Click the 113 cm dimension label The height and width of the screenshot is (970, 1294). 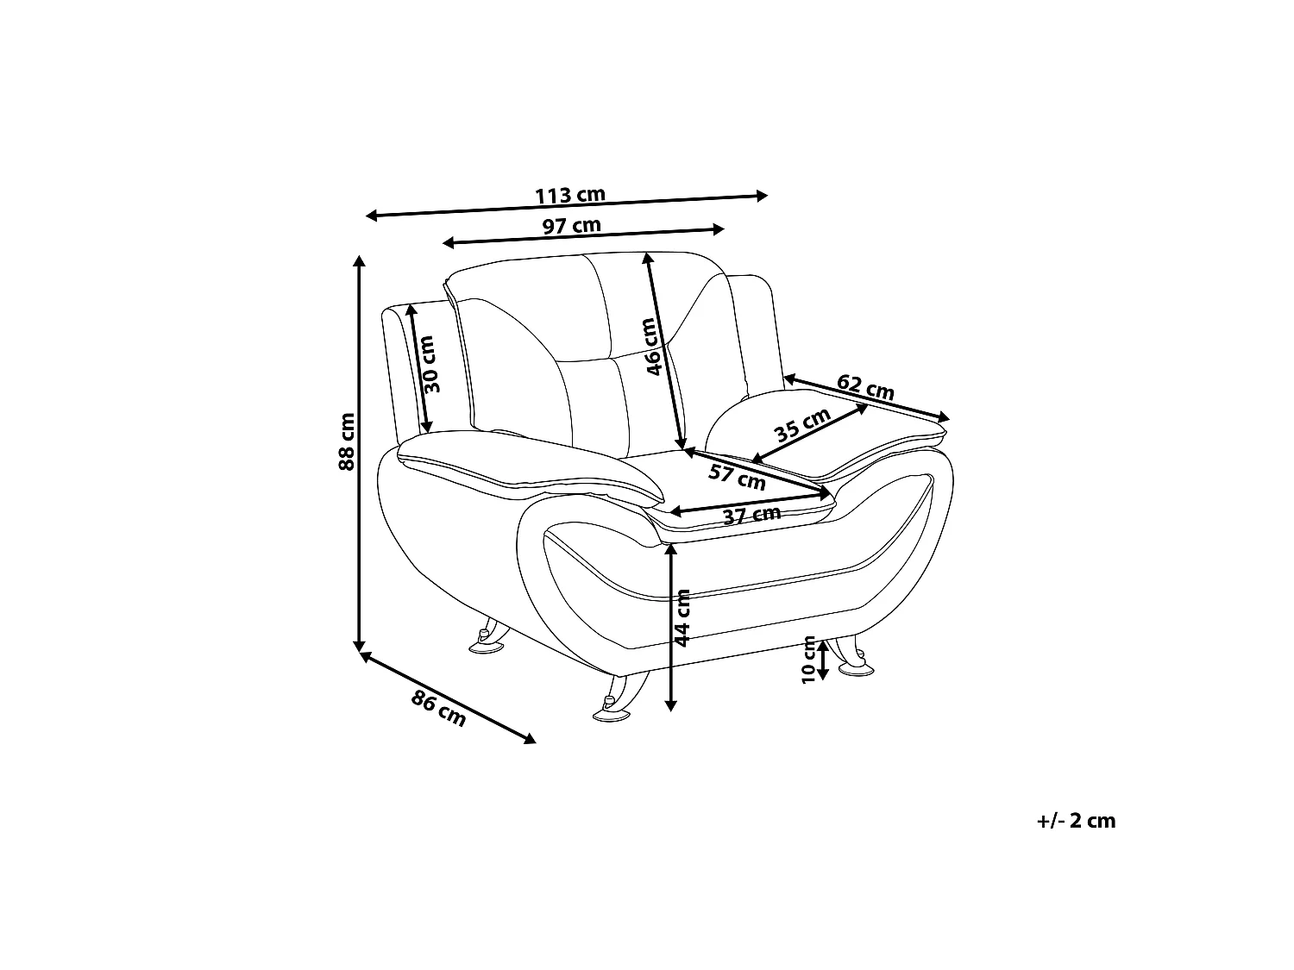(x=569, y=195)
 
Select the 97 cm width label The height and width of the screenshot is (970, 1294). (x=571, y=226)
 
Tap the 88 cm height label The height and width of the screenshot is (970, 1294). (x=347, y=441)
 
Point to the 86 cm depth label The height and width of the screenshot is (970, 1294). (x=438, y=709)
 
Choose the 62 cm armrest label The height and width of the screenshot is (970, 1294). (x=865, y=386)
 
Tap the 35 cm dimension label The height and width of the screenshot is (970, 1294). (x=802, y=424)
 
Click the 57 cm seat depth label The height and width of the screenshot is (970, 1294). (x=737, y=477)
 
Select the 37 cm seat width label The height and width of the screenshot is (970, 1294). (x=751, y=516)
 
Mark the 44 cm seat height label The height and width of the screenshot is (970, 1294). (x=682, y=618)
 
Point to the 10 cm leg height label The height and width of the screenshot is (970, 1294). (x=809, y=660)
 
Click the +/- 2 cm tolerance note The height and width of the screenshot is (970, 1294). (x=1076, y=821)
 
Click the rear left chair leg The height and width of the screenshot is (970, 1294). (x=489, y=636)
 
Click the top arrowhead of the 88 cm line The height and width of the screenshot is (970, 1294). (x=358, y=261)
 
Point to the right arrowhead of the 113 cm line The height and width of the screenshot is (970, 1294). (x=762, y=196)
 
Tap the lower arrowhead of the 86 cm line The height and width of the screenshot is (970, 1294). (x=530, y=739)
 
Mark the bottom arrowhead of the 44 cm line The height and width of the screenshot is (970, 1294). (x=670, y=705)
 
